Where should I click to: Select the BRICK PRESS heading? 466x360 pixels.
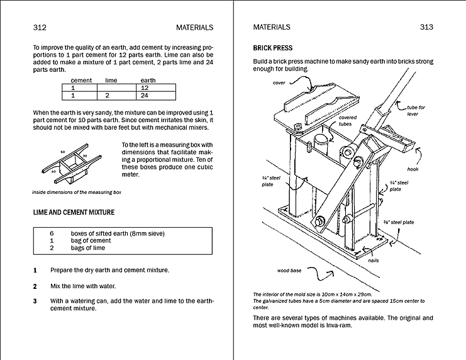272,48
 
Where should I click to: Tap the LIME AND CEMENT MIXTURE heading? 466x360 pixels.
74,213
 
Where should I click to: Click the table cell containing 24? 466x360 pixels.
145,96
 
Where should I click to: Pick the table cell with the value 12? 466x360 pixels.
145,89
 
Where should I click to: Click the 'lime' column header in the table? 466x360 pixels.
111,81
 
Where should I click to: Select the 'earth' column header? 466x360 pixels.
148,81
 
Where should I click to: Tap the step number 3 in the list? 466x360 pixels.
35,301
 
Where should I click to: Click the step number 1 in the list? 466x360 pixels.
35,271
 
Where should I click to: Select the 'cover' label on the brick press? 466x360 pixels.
279,83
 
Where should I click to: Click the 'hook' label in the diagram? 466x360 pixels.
413,169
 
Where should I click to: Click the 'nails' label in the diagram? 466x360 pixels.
373,260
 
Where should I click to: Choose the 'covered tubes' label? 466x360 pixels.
348,120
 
